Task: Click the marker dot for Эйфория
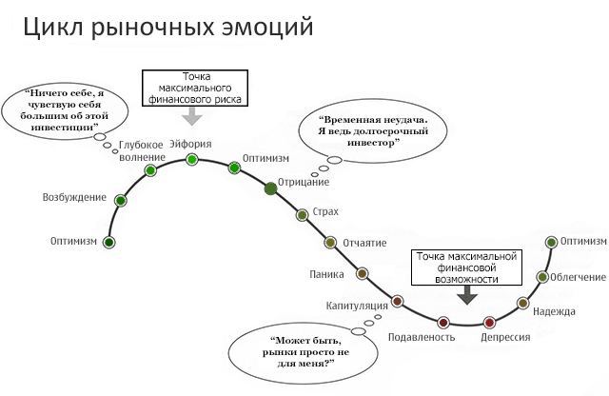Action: pyautogui.click(x=192, y=159)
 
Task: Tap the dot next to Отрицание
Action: pyautogui.click(x=270, y=188)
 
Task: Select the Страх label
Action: pyautogui.click(x=325, y=211)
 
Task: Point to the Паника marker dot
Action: pyautogui.click(x=362, y=273)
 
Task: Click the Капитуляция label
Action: pyautogui.click(x=357, y=306)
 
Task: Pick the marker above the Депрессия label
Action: pyautogui.click(x=489, y=322)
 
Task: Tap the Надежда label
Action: pyautogui.click(x=554, y=311)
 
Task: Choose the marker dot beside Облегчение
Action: pyautogui.click(x=542, y=277)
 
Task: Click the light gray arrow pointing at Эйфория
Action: pyautogui.click(x=192, y=115)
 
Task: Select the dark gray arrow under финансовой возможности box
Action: pyautogui.click(x=467, y=295)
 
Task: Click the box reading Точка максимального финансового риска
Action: pyautogui.click(x=195, y=88)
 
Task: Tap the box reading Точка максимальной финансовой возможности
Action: pyautogui.click(x=466, y=267)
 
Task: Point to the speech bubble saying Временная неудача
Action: pyautogui.click(x=373, y=131)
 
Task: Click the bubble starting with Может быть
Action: pyautogui.click(x=303, y=353)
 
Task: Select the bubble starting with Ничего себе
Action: pyautogui.click(x=65, y=110)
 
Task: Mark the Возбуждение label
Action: pyautogui.click(x=74, y=197)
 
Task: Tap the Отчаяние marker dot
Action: pyautogui.click(x=330, y=242)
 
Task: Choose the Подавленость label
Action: pyautogui.click(x=422, y=337)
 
